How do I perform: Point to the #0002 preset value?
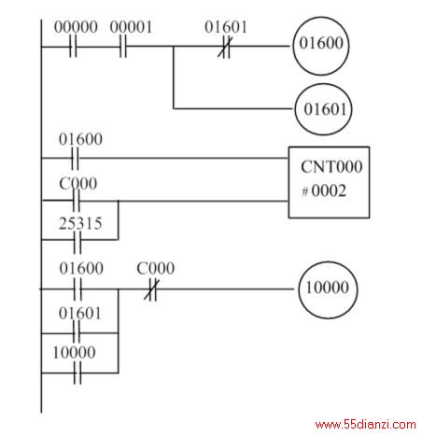click(324, 190)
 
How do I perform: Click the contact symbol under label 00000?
click(73, 47)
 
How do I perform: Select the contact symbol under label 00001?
click(123, 47)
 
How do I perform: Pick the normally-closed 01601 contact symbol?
click(225, 47)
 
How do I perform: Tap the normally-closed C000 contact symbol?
click(151, 289)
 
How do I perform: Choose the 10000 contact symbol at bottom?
click(77, 373)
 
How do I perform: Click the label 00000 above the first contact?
click(76, 27)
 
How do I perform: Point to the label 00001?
click(131, 27)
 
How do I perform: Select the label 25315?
click(80, 223)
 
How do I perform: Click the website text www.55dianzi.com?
click(365, 425)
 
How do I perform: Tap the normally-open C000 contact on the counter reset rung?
click(77, 201)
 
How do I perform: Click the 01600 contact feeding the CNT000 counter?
click(76, 158)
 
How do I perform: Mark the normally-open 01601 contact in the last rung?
click(77, 332)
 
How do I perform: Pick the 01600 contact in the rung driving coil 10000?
click(77, 289)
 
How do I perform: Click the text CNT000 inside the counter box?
click(331, 167)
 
